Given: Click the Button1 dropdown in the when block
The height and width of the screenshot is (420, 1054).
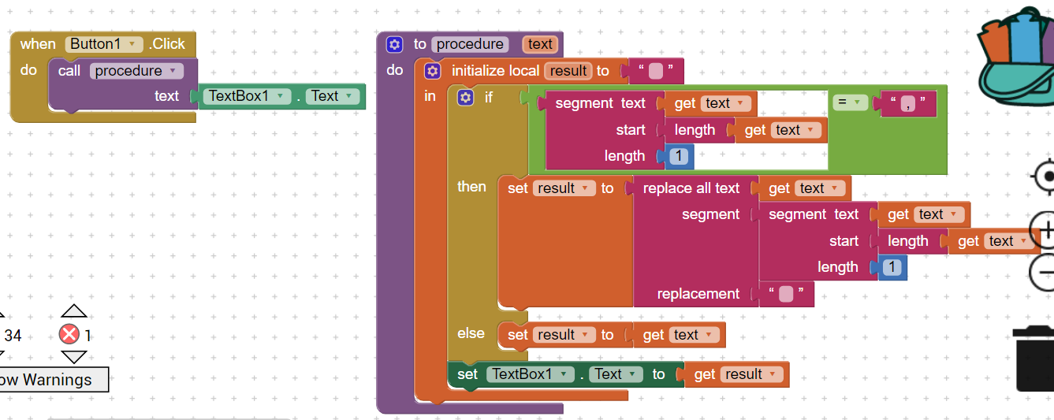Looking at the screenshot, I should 104,44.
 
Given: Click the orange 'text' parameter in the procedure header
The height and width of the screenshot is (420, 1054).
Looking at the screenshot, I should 540,44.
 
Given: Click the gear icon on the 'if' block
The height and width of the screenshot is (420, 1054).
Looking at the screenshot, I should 466,98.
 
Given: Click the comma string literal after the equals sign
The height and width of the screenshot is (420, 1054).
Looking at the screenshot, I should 909,103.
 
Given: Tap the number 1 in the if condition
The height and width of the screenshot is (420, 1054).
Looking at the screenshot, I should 678,156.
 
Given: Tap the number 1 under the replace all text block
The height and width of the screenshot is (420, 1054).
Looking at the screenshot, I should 892,267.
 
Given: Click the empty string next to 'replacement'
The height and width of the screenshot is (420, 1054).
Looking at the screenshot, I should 785,294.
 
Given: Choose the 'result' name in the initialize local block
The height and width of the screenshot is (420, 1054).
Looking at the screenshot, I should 568,71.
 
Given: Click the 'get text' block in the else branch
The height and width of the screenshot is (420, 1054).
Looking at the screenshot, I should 678,335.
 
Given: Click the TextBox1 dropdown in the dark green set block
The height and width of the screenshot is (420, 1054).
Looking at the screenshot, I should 530,374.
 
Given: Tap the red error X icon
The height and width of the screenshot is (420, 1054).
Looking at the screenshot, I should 69,335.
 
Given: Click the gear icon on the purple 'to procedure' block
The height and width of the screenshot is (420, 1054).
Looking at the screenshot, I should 395,44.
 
